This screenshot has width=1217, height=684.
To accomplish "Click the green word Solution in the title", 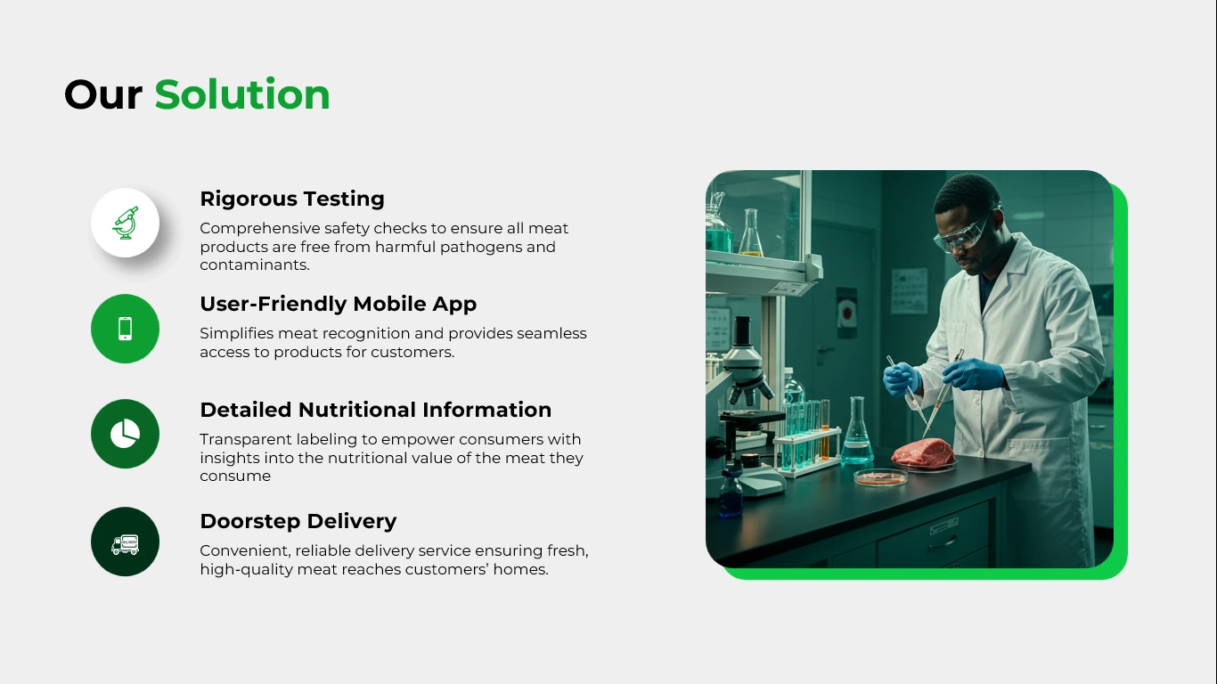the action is (x=242, y=94).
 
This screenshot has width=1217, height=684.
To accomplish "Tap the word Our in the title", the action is (x=103, y=95).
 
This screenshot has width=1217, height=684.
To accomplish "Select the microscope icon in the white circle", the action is (x=126, y=223).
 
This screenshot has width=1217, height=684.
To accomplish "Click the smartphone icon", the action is (x=126, y=329).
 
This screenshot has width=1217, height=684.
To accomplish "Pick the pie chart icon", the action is (x=126, y=434).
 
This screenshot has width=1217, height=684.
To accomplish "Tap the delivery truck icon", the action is (x=126, y=544).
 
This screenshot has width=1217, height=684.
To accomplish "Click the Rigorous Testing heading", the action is (x=292, y=199).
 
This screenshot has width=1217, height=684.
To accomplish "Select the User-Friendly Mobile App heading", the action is (x=339, y=304).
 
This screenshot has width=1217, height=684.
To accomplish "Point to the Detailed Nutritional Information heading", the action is (x=376, y=410).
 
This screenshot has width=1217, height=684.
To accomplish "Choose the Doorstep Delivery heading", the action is (x=298, y=521).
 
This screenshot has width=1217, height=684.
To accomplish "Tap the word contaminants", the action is (x=254, y=265).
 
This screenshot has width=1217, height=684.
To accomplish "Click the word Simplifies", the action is (x=236, y=334).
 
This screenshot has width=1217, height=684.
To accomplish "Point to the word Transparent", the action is (x=246, y=439).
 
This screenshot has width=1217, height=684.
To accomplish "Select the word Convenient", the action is (x=244, y=551).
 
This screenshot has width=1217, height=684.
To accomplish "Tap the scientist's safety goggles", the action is (x=967, y=233).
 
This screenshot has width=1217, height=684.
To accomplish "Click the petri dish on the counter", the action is (x=881, y=477).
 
